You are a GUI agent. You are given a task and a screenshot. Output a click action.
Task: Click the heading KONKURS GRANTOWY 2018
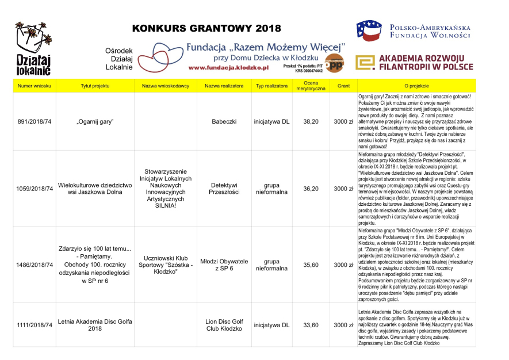tap(206, 29)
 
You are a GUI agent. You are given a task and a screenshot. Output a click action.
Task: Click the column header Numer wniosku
tap(35, 86)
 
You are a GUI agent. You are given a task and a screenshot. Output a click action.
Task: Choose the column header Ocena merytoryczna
tap(311, 86)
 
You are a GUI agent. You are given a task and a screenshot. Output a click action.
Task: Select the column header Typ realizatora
tap(271, 86)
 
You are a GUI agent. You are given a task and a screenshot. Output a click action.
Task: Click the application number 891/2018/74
tap(35, 121)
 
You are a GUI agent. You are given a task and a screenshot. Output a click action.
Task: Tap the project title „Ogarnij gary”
tap(94, 121)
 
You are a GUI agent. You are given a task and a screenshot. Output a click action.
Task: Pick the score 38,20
tap(311, 121)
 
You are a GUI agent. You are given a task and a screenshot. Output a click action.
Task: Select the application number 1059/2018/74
tap(35, 189)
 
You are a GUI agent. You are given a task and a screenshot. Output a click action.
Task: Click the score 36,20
tap(311, 189)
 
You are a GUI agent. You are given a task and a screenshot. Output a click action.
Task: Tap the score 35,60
tap(311, 265)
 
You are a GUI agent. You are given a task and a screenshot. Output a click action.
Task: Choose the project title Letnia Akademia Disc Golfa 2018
tap(94, 325)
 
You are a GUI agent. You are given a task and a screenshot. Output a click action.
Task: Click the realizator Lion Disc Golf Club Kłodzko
tap(225, 325)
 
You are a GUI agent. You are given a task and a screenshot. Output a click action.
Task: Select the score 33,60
tap(311, 325)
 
